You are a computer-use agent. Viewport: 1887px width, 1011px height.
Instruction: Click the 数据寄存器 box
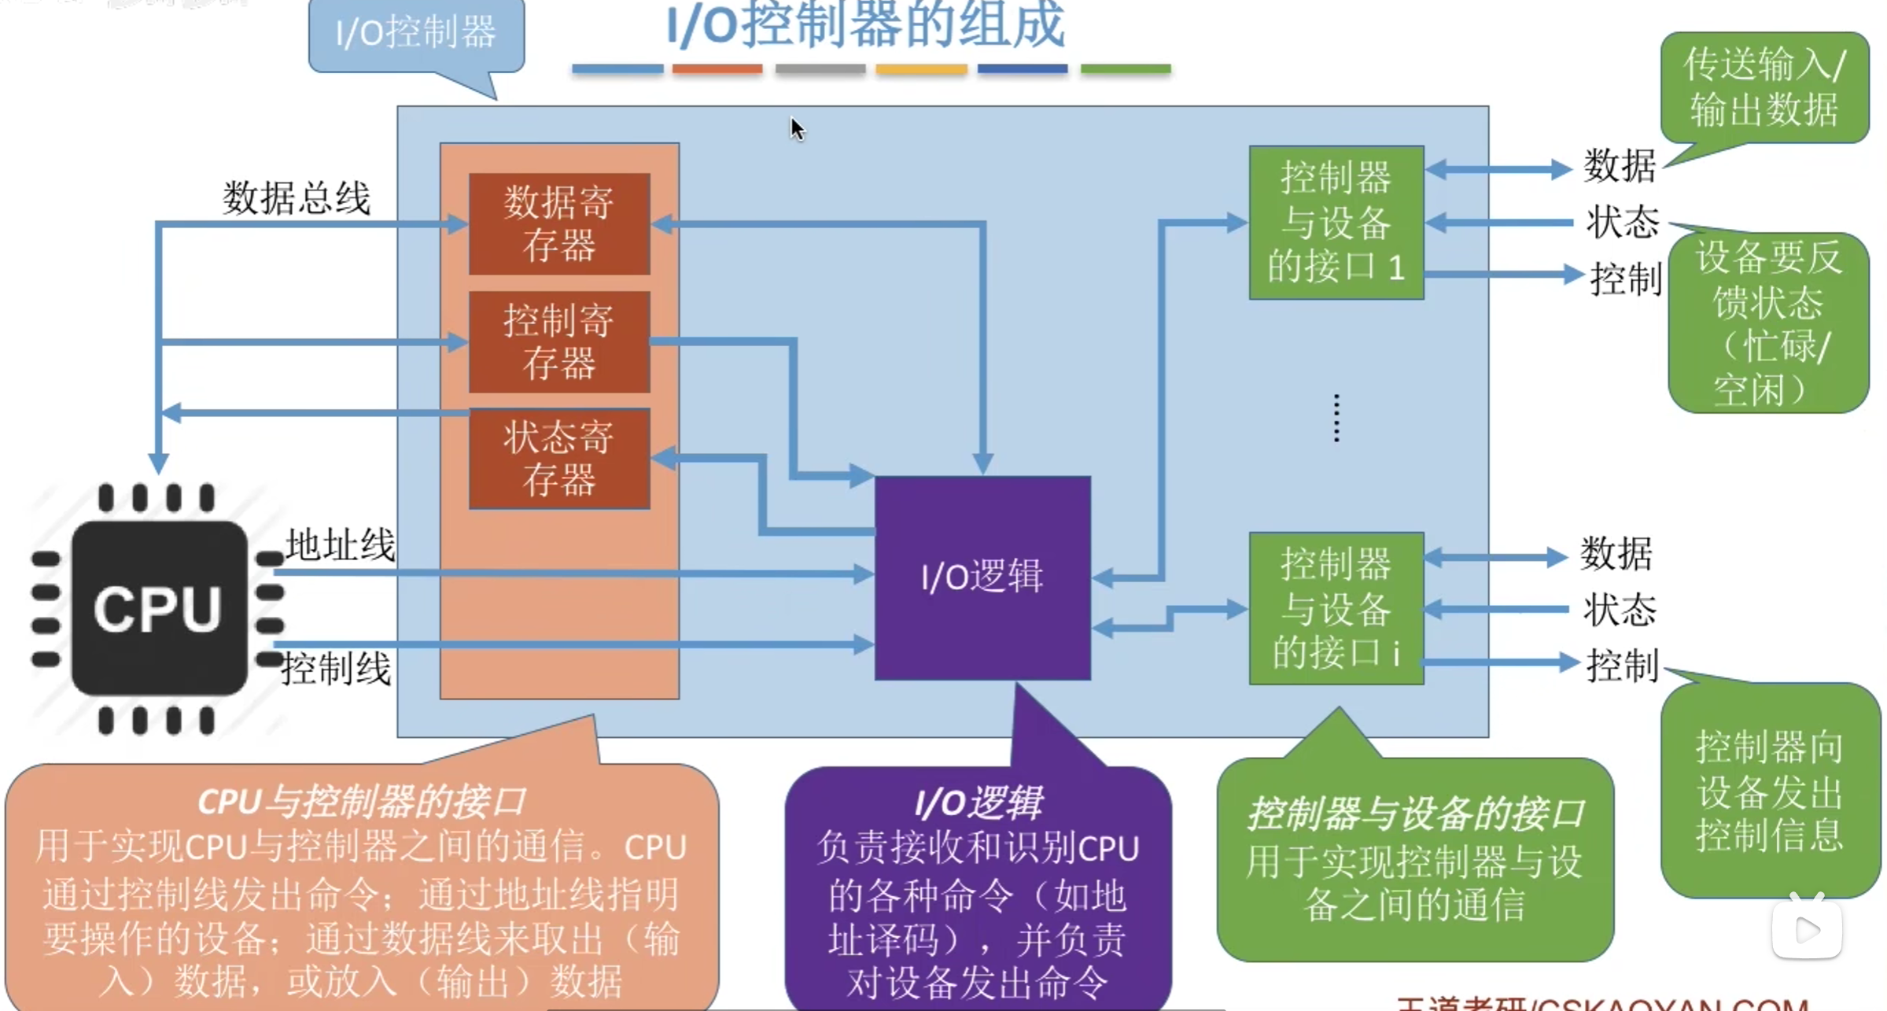[x=559, y=224]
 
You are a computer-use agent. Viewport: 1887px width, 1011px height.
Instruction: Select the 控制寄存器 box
[x=559, y=342]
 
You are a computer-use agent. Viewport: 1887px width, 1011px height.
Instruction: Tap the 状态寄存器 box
[x=559, y=459]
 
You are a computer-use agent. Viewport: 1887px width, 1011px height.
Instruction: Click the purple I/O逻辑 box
[x=982, y=577]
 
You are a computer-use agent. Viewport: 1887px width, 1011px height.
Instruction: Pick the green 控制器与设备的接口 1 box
[x=1336, y=223]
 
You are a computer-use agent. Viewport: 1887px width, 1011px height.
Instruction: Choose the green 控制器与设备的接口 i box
[x=1336, y=608]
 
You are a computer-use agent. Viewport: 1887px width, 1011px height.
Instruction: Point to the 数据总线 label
[x=296, y=198]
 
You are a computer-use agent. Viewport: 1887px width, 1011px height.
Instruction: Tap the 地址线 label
[x=340, y=544]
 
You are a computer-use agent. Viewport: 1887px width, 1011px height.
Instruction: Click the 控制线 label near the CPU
[x=336, y=669]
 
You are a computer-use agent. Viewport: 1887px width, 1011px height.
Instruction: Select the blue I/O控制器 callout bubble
[x=416, y=34]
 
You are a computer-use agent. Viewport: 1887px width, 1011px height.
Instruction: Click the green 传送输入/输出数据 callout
[x=1764, y=87]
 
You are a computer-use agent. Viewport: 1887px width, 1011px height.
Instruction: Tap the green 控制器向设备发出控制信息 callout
[x=1770, y=790]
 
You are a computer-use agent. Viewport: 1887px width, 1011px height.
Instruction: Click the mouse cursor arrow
[x=797, y=128]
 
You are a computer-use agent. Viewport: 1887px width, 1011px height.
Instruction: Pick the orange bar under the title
[x=717, y=69]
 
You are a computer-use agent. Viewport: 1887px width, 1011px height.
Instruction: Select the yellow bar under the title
[x=921, y=69]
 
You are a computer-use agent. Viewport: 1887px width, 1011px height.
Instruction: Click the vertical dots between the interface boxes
[x=1336, y=418]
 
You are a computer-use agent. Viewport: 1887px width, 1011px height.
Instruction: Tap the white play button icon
[x=1807, y=931]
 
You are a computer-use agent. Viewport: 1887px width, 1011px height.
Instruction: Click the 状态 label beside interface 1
[x=1622, y=223]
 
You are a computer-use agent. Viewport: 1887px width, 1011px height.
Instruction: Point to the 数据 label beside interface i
[x=1616, y=555]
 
